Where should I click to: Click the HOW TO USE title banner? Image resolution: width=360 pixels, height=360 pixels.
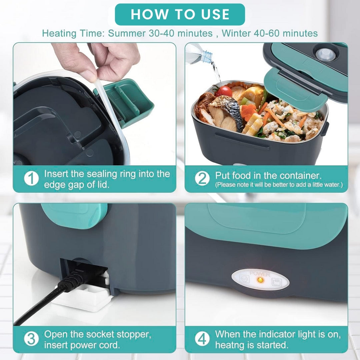(180, 14)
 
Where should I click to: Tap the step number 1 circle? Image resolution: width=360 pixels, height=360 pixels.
(31, 179)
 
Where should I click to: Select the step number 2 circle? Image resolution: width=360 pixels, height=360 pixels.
(202, 179)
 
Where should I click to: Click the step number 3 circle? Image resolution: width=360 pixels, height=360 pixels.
(31, 339)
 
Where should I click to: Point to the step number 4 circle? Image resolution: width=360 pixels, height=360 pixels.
(202, 339)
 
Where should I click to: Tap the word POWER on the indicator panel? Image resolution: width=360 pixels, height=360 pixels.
(260, 273)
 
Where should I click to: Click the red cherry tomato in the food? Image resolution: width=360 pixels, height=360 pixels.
(224, 91)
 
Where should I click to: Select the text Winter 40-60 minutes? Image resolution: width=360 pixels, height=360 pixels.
(270, 33)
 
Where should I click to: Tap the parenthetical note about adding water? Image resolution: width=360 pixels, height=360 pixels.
(279, 185)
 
